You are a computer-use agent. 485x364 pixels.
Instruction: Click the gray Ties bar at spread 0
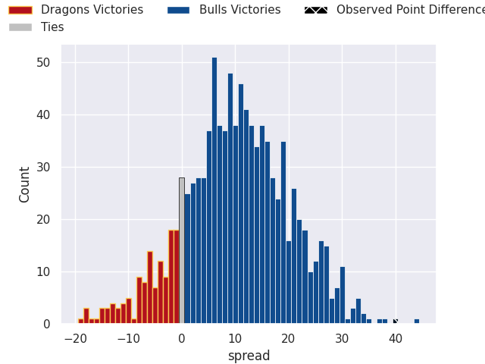(x=182, y=251)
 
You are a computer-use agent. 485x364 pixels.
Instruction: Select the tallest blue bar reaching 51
(x=214, y=190)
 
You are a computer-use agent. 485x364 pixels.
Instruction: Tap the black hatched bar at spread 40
(x=395, y=322)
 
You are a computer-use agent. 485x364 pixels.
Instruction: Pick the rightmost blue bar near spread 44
(x=417, y=322)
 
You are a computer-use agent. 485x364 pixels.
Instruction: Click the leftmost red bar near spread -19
(x=81, y=322)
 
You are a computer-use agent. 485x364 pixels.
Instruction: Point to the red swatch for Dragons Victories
(x=20, y=10)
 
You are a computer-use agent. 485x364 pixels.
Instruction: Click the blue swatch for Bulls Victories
(x=179, y=10)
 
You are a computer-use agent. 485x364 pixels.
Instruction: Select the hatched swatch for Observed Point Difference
(x=316, y=10)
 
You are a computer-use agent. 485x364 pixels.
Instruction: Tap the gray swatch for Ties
(x=20, y=27)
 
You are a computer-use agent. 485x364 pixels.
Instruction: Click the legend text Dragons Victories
(x=92, y=10)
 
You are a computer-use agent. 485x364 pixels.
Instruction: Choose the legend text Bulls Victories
(x=240, y=10)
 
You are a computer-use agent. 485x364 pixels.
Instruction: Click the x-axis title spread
(x=249, y=356)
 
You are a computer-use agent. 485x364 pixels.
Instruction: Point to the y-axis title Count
(x=25, y=184)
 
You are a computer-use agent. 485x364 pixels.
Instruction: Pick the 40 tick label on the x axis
(x=396, y=339)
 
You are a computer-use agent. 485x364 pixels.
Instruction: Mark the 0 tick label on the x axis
(x=182, y=339)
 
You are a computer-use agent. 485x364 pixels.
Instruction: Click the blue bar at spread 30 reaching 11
(x=343, y=296)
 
